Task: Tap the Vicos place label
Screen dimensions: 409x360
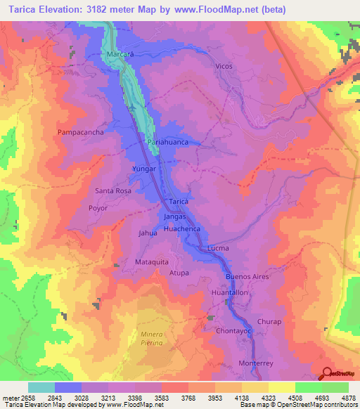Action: (x=224, y=65)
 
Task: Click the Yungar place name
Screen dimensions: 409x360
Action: (x=144, y=169)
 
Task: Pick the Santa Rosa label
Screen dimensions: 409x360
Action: (x=113, y=190)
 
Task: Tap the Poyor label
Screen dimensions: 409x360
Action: (x=98, y=208)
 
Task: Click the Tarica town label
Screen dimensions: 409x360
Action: (x=179, y=202)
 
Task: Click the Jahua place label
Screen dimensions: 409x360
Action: (x=148, y=233)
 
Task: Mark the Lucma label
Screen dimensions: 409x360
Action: (x=218, y=249)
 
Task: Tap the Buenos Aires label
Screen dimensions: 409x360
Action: (x=247, y=277)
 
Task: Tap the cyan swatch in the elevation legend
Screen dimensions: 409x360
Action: (x=41, y=387)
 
